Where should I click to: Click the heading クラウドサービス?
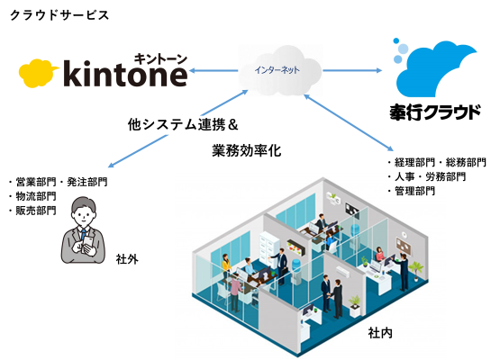59,15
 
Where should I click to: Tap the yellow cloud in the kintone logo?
38,73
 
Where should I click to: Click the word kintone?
125,74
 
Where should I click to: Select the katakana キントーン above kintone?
160,59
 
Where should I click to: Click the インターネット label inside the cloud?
277,70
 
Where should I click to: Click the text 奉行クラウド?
435,112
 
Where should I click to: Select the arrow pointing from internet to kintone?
214,70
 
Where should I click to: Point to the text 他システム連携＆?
183,124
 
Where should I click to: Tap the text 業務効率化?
247,150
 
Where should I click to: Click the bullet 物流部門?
32,196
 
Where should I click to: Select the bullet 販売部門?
32,211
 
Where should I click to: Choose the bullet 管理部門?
412,191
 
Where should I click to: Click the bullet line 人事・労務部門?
427,176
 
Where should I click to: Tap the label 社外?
127,259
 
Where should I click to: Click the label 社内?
380,333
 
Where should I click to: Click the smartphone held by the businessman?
87,245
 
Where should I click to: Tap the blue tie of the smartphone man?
84,233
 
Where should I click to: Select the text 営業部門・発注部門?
59,182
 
